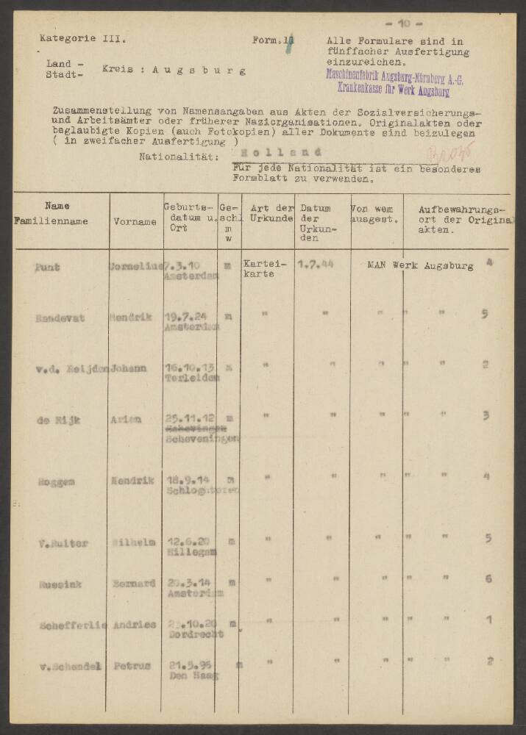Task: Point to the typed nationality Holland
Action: pos(276,151)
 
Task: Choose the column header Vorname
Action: pos(135,220)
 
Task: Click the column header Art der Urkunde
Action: pos(267,213)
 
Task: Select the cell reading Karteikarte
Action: pos(260,268)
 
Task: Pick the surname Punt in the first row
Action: pos(48,266)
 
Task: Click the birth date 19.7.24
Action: pos(185,315)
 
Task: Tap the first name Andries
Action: pos(135,624)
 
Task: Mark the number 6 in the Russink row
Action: pos(488,578)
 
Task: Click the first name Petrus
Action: pos(132,665)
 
